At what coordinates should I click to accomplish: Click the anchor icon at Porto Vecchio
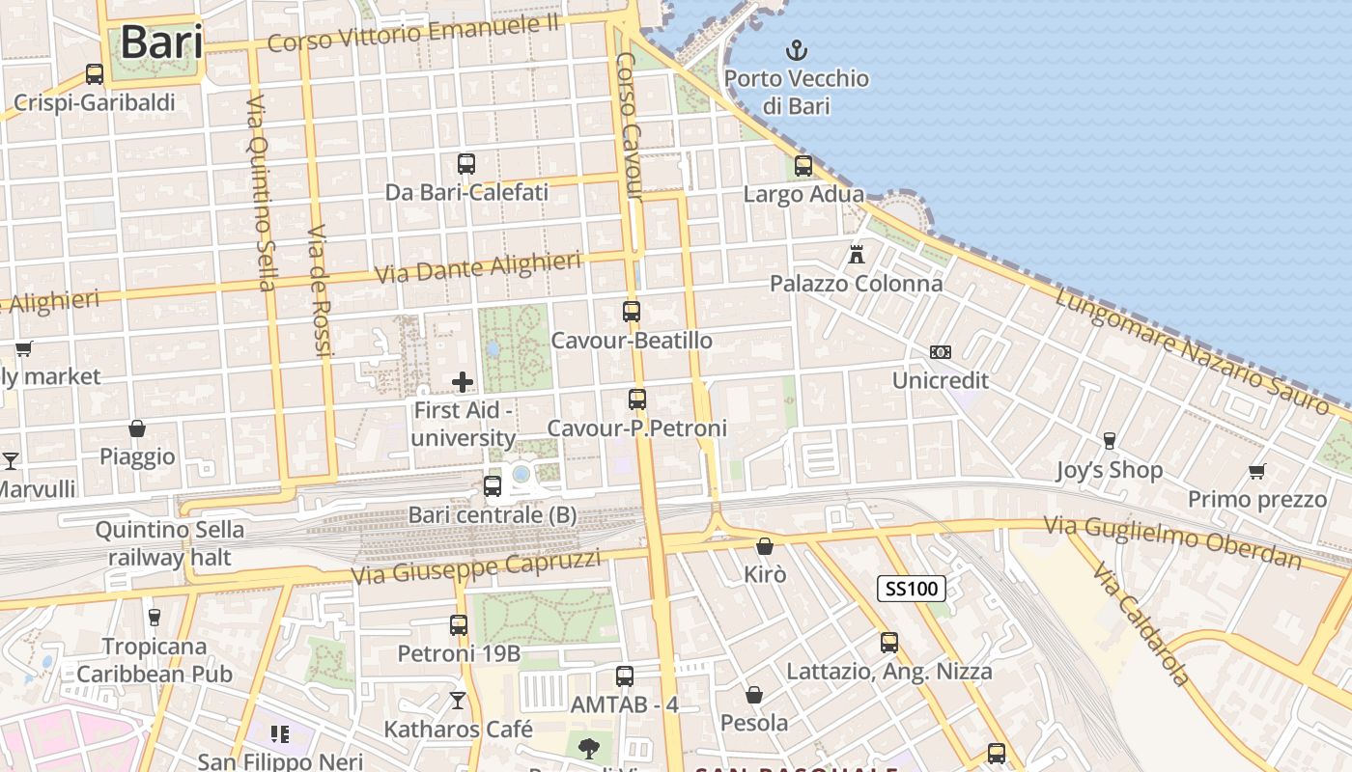pos(797,50)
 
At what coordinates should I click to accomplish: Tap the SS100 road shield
pos(912,588)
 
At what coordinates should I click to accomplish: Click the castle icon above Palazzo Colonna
pos(856,255)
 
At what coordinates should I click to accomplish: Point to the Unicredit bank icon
pos(940,352)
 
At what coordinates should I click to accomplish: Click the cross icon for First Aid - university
pos(463,382)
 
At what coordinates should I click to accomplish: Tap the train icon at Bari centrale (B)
pos(493,485)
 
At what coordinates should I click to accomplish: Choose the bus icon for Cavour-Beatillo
pos(632,312)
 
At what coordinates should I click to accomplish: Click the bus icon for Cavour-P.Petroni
pos(637,399)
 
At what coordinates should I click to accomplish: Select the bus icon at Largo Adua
pos(803,166)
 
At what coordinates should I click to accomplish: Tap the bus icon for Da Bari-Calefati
pos(466,164)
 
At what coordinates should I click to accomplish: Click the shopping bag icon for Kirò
pos(765,546)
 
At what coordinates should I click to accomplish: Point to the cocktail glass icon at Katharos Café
pos(458,701)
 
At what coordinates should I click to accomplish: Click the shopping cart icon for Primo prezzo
pos(1256,471)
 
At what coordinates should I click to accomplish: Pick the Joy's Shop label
pos(1109,471)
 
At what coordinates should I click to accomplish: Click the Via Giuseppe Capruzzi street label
pos(475,566)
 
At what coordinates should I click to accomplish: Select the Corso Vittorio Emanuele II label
pos(413,35)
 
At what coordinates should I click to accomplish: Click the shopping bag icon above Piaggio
pos(137,428)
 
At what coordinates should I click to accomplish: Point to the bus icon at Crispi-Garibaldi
pos(95,74)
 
